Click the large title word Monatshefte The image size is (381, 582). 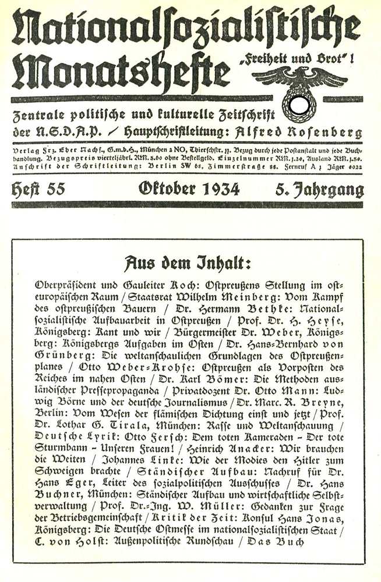pos(119,73)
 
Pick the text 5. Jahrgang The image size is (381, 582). pos(320,190)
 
